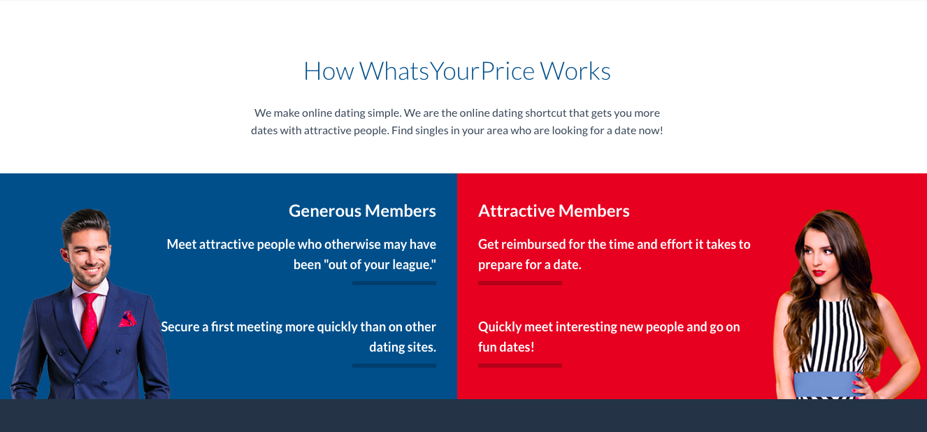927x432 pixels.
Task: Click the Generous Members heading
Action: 362,211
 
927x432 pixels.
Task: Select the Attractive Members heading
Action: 554,211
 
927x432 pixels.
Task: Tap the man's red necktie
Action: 89,319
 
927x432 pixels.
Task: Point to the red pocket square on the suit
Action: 128,319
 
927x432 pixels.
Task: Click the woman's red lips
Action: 818,273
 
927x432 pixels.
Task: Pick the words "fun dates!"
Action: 506,347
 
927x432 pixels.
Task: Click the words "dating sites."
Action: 403,347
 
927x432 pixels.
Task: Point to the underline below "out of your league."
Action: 394,283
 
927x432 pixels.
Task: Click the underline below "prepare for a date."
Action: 520,283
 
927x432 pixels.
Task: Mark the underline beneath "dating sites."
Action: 394,366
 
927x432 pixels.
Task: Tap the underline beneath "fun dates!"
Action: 520,366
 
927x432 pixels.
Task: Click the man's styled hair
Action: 86,224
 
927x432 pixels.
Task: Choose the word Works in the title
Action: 575,71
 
